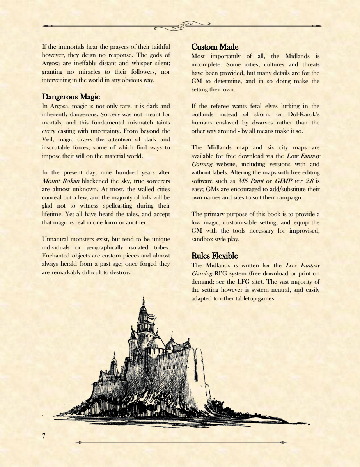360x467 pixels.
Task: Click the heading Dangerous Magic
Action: pyautogui.click(x=71, y=96)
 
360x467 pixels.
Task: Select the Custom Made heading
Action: pyautogui.click(x=215, y=47)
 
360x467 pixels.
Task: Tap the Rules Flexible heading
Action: pyautogui.click(x=214, y=256)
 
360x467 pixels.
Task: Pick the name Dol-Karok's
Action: pyautogui.click(x=303, y=114)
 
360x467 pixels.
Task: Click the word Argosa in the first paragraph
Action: pyautogui.click(x=51, y=64)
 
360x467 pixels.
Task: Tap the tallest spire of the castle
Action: pyautogui.click(x=143, y=300)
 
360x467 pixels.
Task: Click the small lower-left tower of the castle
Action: pyautogui.click(x=114, y=365)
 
